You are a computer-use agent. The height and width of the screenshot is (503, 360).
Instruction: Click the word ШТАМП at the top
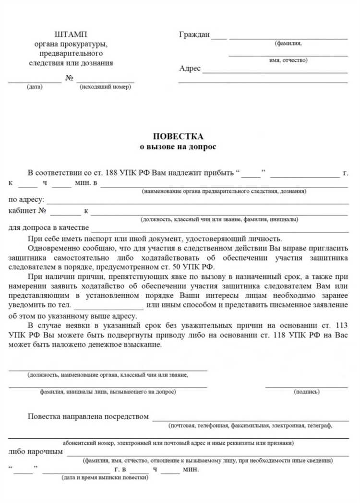point(72,35)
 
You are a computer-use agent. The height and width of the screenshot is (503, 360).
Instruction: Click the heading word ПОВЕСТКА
point(178,137)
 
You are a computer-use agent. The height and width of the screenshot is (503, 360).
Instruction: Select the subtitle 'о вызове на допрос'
point(178,147)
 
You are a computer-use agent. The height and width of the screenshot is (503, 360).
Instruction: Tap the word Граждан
point(194,35)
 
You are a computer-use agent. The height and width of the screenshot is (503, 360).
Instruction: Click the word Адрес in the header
point(190,69)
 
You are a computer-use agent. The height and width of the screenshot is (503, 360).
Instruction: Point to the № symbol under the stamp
point(69,78)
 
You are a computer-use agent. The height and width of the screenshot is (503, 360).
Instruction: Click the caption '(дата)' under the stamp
point(35,87)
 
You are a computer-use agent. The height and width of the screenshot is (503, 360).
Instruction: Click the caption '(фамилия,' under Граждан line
point(288,44)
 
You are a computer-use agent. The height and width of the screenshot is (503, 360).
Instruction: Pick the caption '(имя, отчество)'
point(288,60)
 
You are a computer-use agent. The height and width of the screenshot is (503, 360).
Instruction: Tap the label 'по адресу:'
point(26,200)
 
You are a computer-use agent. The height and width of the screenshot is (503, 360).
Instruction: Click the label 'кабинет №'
point(27,211)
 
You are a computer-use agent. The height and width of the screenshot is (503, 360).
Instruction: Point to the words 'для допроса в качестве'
point(48,228)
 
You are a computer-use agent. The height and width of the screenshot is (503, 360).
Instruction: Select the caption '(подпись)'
point(306,392)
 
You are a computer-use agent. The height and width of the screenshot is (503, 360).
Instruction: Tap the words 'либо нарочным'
point(36,452)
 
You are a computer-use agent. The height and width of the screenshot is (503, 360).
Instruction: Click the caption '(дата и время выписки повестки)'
point(105,478)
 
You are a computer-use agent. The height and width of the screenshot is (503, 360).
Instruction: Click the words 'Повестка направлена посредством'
point(88,417)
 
